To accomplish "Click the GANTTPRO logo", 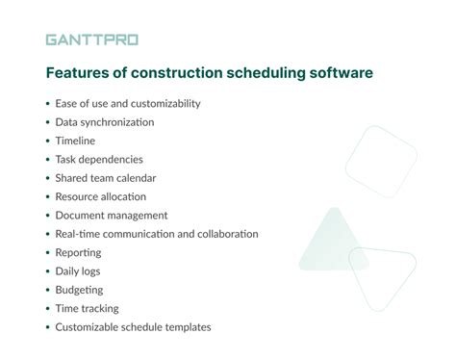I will (90, 40).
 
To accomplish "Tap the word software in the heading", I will (338, 72).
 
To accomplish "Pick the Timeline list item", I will (76, 141).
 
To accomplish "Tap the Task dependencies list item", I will (100, 159).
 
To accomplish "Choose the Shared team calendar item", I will (107, 178).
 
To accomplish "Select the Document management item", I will (112, 215).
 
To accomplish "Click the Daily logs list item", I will (78, 270).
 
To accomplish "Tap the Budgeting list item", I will (80, 290).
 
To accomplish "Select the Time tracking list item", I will (88, 308).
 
